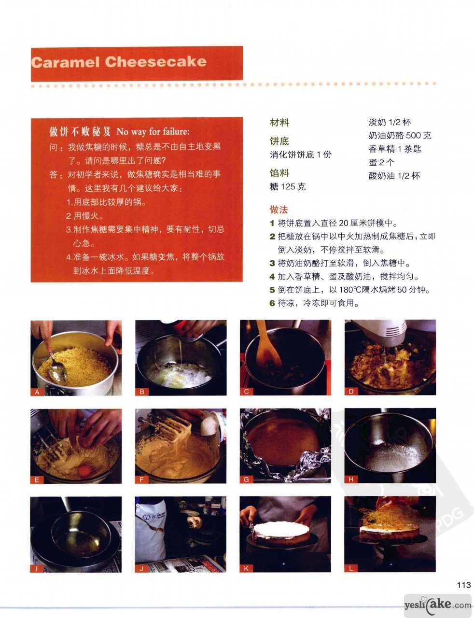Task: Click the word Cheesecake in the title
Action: tap(155, 62)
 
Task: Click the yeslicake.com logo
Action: tap(438, 605)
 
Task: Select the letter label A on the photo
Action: tap(37, 392)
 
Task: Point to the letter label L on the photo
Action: tap(351, 568)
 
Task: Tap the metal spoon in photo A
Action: tap(56, 368)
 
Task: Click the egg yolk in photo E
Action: tap(84, 471)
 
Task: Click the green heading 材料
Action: tap(279, 123)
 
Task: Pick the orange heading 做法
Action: tap(279, 210)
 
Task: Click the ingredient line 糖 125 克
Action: tap(288, 187)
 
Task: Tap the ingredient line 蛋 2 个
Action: tap(381, 162)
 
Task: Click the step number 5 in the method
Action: tap(272, 290)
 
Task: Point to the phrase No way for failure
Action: tap(153, 132)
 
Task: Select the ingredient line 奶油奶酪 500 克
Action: tap(400, 136)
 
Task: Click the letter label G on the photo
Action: tap(246, 479)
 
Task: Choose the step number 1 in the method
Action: tap(272, 223)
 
